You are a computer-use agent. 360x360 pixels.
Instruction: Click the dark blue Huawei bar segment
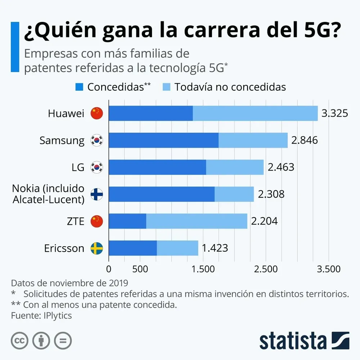tap(150, 113)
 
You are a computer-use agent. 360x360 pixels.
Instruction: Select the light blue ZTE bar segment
tap(197, 221)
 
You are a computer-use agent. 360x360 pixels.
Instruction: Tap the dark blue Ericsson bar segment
tap(132, 248)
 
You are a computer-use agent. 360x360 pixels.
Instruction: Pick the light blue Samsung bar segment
tap(253, 140)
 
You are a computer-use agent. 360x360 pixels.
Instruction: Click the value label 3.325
tap(335, 113)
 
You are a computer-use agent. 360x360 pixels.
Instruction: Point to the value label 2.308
tap(271, 194)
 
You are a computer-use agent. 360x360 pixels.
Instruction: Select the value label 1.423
tap(215, 248)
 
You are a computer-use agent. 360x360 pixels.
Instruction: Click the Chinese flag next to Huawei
tap(96, 113)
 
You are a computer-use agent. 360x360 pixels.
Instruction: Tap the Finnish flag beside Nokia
tap(96, 194)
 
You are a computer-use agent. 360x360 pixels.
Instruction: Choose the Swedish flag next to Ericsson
tap(96, 248)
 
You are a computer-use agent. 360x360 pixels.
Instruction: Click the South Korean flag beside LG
tap(96, 167)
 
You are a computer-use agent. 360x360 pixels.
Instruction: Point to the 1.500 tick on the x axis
tap(203, 269)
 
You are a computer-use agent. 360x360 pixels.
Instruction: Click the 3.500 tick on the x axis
tap(328, 269)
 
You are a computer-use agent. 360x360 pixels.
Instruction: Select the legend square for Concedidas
tap(79, 87)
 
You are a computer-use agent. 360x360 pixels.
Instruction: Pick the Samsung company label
tap(62, 140)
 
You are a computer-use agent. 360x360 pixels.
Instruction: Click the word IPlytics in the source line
tap(56, 315)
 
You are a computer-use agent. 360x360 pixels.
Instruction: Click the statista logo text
tap(292, 340)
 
